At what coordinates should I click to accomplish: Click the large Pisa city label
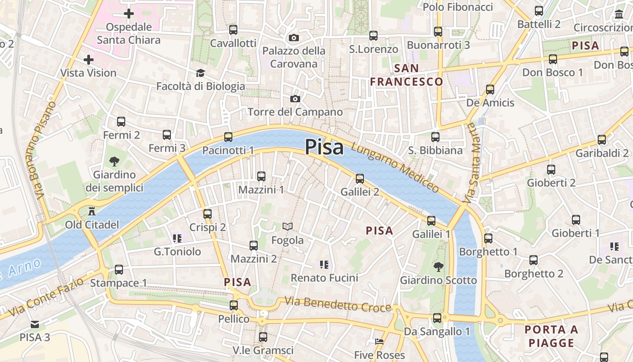click(x=324, y=147)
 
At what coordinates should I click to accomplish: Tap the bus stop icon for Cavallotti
click(x=233, y=30)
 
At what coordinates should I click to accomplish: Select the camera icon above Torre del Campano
click(x=295, y=99)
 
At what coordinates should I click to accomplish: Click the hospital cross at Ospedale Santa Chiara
click(x=129, y=14)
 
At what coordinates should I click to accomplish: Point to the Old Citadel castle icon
click(x=92, y=211)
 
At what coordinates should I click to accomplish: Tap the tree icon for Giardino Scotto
click(x=438, y=267)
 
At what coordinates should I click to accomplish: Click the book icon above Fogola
click(x=288, y=226)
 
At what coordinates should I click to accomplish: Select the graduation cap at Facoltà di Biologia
click(x=200, y=73)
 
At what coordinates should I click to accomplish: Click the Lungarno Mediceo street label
click(x=395, y=168)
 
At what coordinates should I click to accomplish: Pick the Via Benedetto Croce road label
click(x=337, y=305)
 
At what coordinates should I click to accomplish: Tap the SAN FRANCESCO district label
click(x=406, y=75)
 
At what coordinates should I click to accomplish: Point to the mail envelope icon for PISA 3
click(x=35, y=324)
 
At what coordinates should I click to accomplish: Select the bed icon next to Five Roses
click(x=379, y=342)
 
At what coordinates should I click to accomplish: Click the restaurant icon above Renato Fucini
click(x=324, y=264)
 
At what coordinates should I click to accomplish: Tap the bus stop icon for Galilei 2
click(x=360, y=178)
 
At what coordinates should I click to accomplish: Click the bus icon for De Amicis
click(x=490, y=89)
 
